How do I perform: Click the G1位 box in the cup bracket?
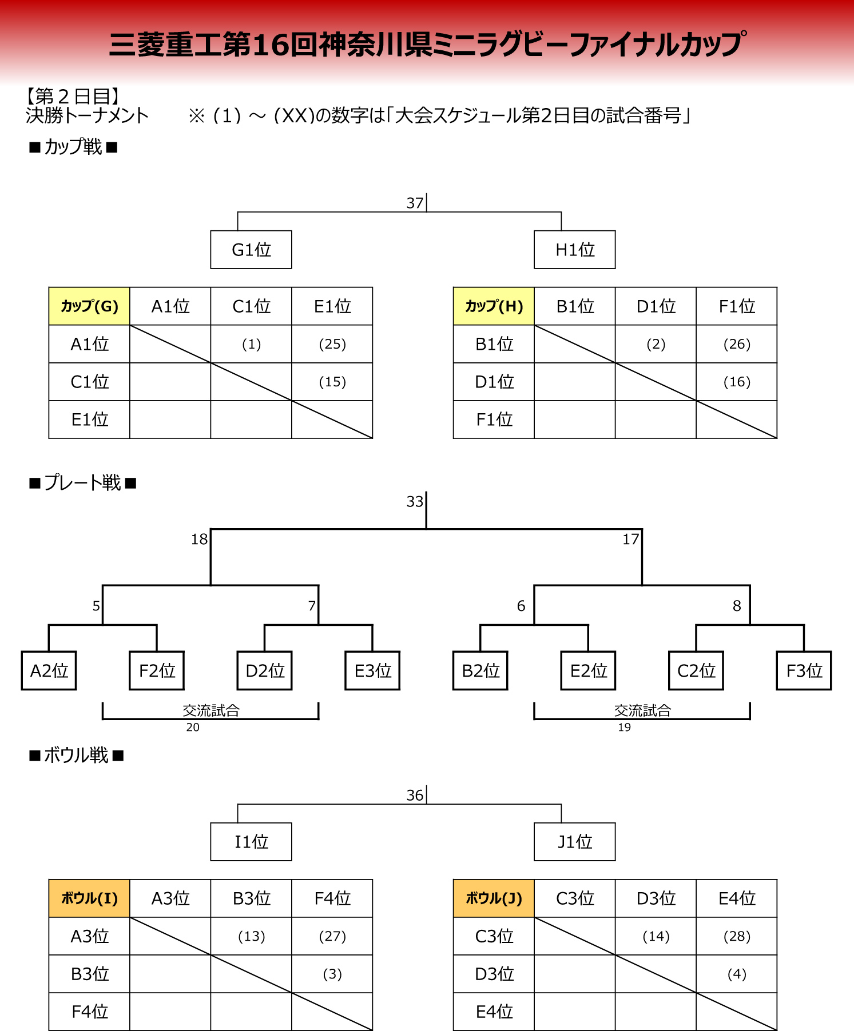click(251, 250)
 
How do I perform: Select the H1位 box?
click(575, 250)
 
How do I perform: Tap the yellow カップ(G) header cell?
click(89, 306)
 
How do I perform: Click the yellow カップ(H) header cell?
click(494, 306)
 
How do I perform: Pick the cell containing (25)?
click(332, 344)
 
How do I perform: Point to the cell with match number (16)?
click(737, 382)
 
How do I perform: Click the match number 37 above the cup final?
click(415, 203)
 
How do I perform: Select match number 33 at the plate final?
click(415, 501)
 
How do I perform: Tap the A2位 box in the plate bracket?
click(49, 670)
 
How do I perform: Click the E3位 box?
click(373, 670)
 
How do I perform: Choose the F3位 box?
click(804, 670)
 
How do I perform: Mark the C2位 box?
click(696, 670)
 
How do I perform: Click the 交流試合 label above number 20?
click(211, 710)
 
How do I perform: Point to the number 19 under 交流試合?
click(624, 728)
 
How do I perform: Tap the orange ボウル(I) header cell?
click(89, 898)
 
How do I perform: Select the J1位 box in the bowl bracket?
click(575, 842)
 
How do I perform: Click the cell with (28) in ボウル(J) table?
click(737, 936)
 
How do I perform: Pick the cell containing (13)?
click(252, 936)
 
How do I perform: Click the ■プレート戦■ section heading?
click(83, 483)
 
